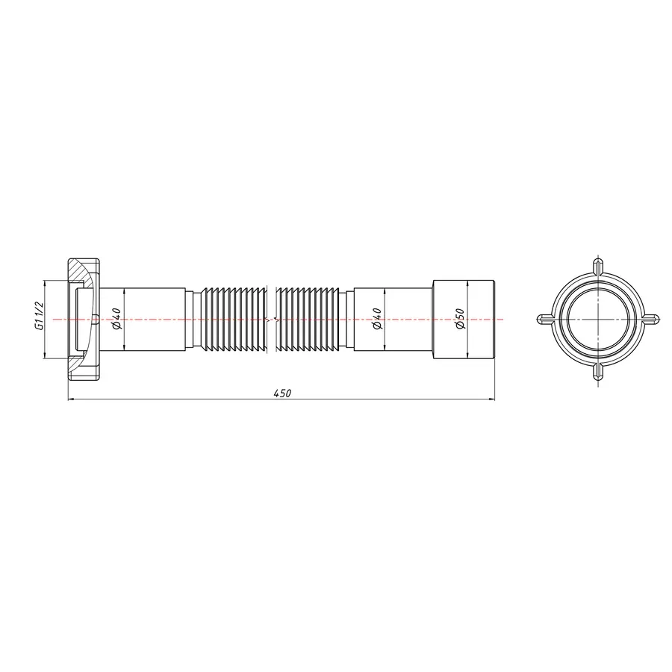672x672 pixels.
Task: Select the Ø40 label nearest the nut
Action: click(117, 320)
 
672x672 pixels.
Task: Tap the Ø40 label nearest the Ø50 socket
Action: click(377, 320)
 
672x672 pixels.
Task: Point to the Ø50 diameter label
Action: click(461, 320)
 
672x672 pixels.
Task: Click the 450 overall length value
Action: click(281, 393)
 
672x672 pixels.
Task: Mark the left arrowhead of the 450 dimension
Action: click(72, 401)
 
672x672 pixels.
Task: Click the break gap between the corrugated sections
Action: click(274, 320)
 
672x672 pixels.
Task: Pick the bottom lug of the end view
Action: click(597, 373)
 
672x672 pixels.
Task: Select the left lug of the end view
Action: click(544, 320)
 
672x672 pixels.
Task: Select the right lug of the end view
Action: click(651, 320)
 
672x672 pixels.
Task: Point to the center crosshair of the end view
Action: click(597, 320)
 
